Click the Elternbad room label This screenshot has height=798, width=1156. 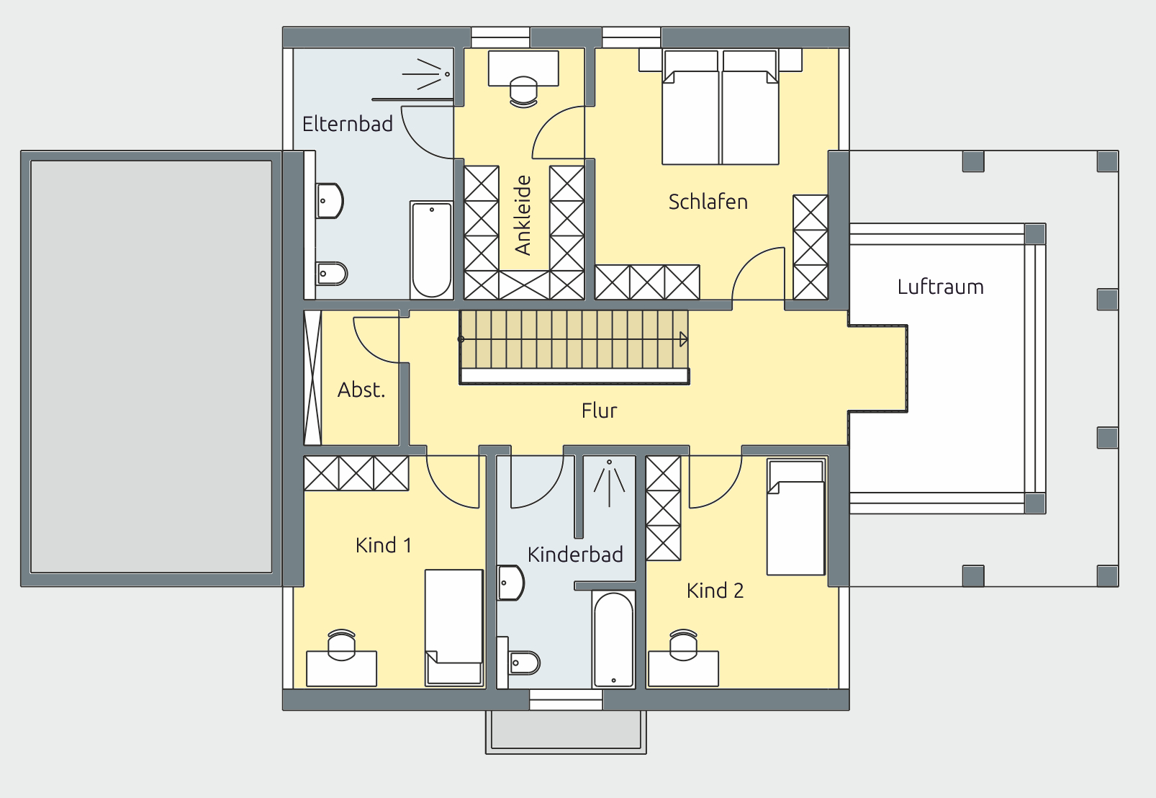348,124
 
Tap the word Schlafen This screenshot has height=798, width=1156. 708,202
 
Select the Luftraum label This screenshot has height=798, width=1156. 940,287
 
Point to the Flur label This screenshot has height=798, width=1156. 599,411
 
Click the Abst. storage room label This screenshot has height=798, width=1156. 361,390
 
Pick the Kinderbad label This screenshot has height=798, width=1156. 575,555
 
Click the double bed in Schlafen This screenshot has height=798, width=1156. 721,107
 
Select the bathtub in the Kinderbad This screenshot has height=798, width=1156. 613,639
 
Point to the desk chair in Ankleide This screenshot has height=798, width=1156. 523,92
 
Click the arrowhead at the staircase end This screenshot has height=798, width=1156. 684,339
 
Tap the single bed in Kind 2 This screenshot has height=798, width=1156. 796,517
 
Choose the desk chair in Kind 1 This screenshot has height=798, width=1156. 341,645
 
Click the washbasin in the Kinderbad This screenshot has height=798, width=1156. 511,583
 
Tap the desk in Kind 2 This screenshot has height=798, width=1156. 683,669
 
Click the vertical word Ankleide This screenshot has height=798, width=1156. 523,215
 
